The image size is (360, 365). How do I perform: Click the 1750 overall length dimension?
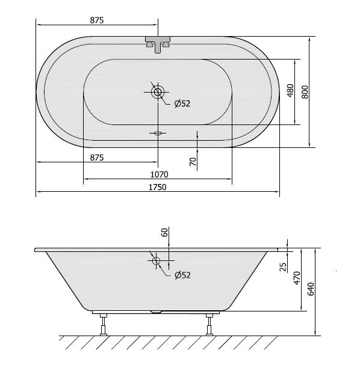158,187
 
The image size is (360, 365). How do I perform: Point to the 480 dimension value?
290,91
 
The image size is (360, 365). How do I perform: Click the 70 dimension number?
192,161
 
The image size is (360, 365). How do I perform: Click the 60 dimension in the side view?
164,233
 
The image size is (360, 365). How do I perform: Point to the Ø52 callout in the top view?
182,103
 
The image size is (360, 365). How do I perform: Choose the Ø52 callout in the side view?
182,275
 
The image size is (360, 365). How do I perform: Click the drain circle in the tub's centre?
158,91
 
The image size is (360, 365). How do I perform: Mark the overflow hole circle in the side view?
156,261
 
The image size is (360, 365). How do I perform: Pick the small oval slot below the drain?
158,133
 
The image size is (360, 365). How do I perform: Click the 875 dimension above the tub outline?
97,20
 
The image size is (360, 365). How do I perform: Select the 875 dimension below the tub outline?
97,157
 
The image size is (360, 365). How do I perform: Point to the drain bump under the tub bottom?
158,311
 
